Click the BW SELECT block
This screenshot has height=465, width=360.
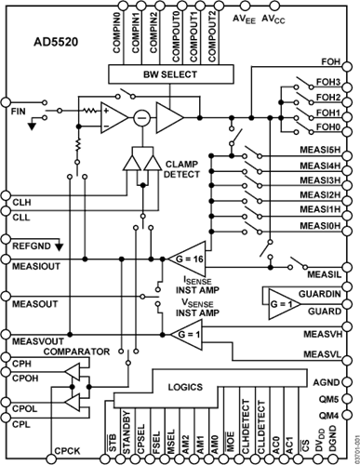pyautogui.click(x=170, y=74)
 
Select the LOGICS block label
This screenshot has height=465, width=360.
pyautogui.click(x=185, y=387)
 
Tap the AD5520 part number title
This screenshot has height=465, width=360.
pyautogui.click(x=56, y=42)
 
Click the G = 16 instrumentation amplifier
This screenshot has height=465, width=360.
pyautogui.click(x=187, y=259)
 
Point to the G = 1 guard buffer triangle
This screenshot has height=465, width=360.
pyautogui.click(x=285, y=304)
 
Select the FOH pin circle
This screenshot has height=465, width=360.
pyautogui.click(x=347, y=67)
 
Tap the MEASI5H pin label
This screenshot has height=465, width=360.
pyautogui.click(x=320, y=150)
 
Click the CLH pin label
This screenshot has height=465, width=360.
pyautogui.click(x=21, y=203)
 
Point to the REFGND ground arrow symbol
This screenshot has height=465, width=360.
pyautogui.click(x=59, y=246)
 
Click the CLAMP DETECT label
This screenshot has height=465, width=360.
pyautogui.click(x=181, y=169)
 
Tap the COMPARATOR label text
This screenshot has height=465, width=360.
pyautogui.click(x=76, y=352)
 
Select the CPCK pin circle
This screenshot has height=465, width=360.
pyautogui.click(x=51, y=458)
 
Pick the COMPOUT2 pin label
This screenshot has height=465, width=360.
pyautogui.click(x=212, y=37)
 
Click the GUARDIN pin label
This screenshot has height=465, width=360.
pyautogui.click(x=320, y=294)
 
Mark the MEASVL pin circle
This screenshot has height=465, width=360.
pyautogui.click(x=347, y=361)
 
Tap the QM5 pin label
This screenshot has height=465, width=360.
pyautogui.click(x=328, y=399)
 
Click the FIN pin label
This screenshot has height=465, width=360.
pyautogui.click(x=19, y=112)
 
